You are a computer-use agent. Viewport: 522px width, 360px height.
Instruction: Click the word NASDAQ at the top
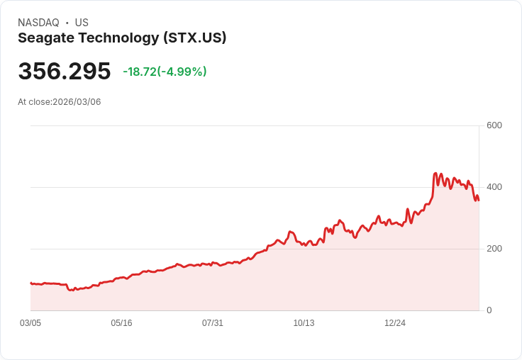[x=38, y=23]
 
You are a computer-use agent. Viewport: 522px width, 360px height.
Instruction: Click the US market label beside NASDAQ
[x=82, y=23]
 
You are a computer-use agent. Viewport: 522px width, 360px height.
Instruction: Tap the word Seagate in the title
[x=45, y=38]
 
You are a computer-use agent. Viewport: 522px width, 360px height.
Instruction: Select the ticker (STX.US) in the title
[x=194, y=38]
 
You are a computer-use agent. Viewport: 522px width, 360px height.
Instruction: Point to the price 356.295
[x=65, y=72]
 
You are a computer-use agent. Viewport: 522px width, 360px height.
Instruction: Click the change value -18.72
[x=139, y=72]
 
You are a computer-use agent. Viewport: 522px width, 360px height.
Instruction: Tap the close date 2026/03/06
[x=77, y=102]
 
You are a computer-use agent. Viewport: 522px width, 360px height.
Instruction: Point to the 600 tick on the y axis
[x=494, y=126]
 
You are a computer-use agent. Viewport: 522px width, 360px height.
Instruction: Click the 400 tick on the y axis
[x=494, y=187]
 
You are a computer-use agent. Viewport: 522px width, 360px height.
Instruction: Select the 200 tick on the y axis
[x=494, y=249]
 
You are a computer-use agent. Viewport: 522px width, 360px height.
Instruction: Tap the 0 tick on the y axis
[x=489, y=310]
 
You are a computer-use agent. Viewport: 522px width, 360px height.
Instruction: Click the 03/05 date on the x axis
[x=30, y=323]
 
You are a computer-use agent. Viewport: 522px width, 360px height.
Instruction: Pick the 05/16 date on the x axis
[x=121, y=323]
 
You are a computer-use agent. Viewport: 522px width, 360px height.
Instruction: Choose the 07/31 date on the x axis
[x=213, y=323]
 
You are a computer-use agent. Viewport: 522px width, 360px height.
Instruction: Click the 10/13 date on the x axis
[x=304, y=323]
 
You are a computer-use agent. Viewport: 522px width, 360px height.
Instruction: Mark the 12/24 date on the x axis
[x=395, y=323]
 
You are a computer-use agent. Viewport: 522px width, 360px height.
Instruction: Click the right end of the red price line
[x=479, y=200]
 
